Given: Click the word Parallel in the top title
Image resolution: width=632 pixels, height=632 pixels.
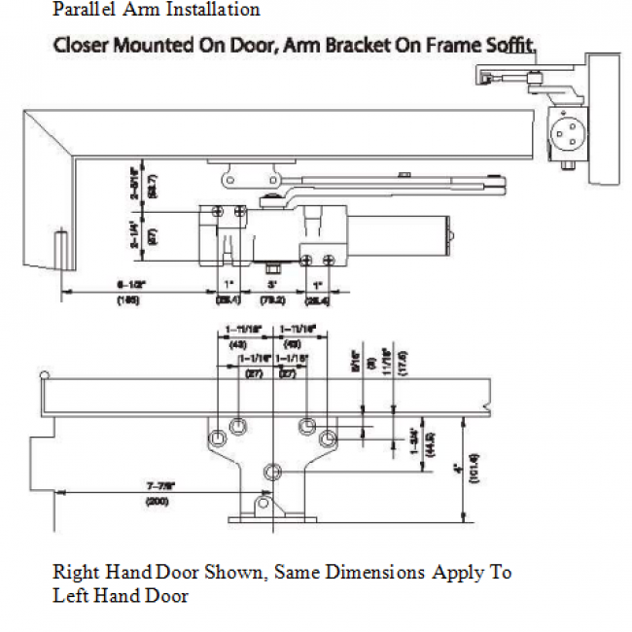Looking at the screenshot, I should tap(83, 11).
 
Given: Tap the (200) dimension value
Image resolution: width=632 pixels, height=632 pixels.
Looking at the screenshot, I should tap(157, 500).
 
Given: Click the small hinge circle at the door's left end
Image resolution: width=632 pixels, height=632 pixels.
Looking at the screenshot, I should tap(44, 376).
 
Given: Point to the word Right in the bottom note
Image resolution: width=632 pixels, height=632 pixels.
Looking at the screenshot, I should tap(74, 572).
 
